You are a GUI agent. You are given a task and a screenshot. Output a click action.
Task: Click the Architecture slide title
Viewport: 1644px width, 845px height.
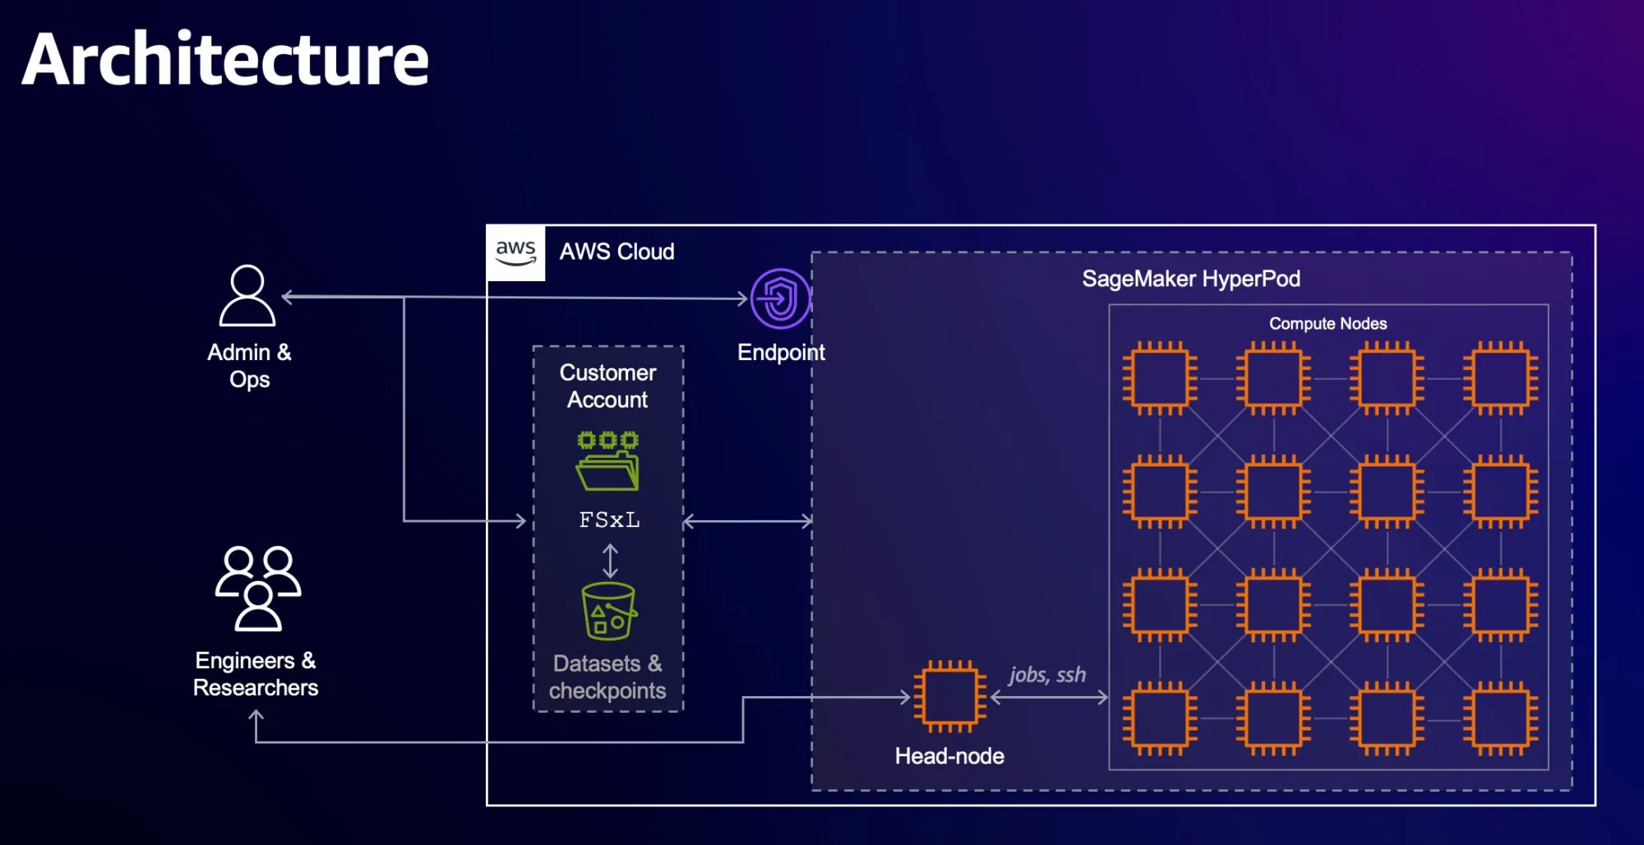[225, 59]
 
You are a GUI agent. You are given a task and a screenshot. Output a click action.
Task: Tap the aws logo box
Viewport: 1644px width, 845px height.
[515, 252]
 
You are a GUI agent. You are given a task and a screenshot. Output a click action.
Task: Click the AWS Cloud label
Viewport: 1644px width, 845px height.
[616, 252]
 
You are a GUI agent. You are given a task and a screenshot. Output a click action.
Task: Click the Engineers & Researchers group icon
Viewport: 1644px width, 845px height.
[258, 589]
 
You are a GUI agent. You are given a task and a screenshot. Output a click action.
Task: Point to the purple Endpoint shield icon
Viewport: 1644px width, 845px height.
[780, 298]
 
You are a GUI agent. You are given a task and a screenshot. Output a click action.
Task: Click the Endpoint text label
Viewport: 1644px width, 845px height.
[780, 353]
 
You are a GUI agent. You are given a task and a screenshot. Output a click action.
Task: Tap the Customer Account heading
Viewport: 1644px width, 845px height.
[607, 386]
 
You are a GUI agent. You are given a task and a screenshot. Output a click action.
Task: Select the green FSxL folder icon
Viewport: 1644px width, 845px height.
[607, 461]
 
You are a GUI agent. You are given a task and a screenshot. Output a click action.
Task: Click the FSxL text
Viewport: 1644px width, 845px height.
[609, 520]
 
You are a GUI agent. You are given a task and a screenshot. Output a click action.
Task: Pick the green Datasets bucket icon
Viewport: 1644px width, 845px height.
[608, 612]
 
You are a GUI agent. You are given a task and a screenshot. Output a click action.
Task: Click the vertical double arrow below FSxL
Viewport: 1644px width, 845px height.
[610, 561]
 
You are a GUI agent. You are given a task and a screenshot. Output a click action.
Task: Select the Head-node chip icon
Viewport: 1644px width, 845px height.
[950, 696]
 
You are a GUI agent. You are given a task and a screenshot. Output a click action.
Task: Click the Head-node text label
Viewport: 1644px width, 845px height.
[949, 756]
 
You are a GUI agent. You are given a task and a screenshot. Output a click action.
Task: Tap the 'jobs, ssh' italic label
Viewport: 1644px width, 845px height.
[1047, 675]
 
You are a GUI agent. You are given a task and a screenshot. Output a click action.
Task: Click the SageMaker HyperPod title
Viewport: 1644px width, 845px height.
[1190, 279]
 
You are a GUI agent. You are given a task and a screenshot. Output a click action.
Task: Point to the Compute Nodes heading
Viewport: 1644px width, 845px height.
[1328, 324]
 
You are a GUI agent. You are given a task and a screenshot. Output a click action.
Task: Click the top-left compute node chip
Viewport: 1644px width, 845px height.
[1160, 378]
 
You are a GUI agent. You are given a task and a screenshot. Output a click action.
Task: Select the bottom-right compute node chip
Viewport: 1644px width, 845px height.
[1500, 718]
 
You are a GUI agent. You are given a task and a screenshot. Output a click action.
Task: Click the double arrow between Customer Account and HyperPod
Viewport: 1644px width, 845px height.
[747, 521]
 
